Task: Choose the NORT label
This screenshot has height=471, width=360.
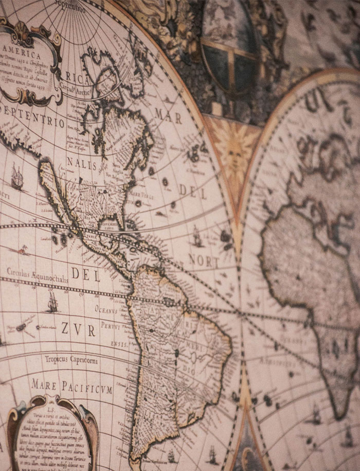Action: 204,260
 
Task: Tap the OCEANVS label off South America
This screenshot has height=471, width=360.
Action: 107,308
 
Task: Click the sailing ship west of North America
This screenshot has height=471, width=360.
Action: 17,178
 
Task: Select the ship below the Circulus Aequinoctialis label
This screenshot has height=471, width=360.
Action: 51,302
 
